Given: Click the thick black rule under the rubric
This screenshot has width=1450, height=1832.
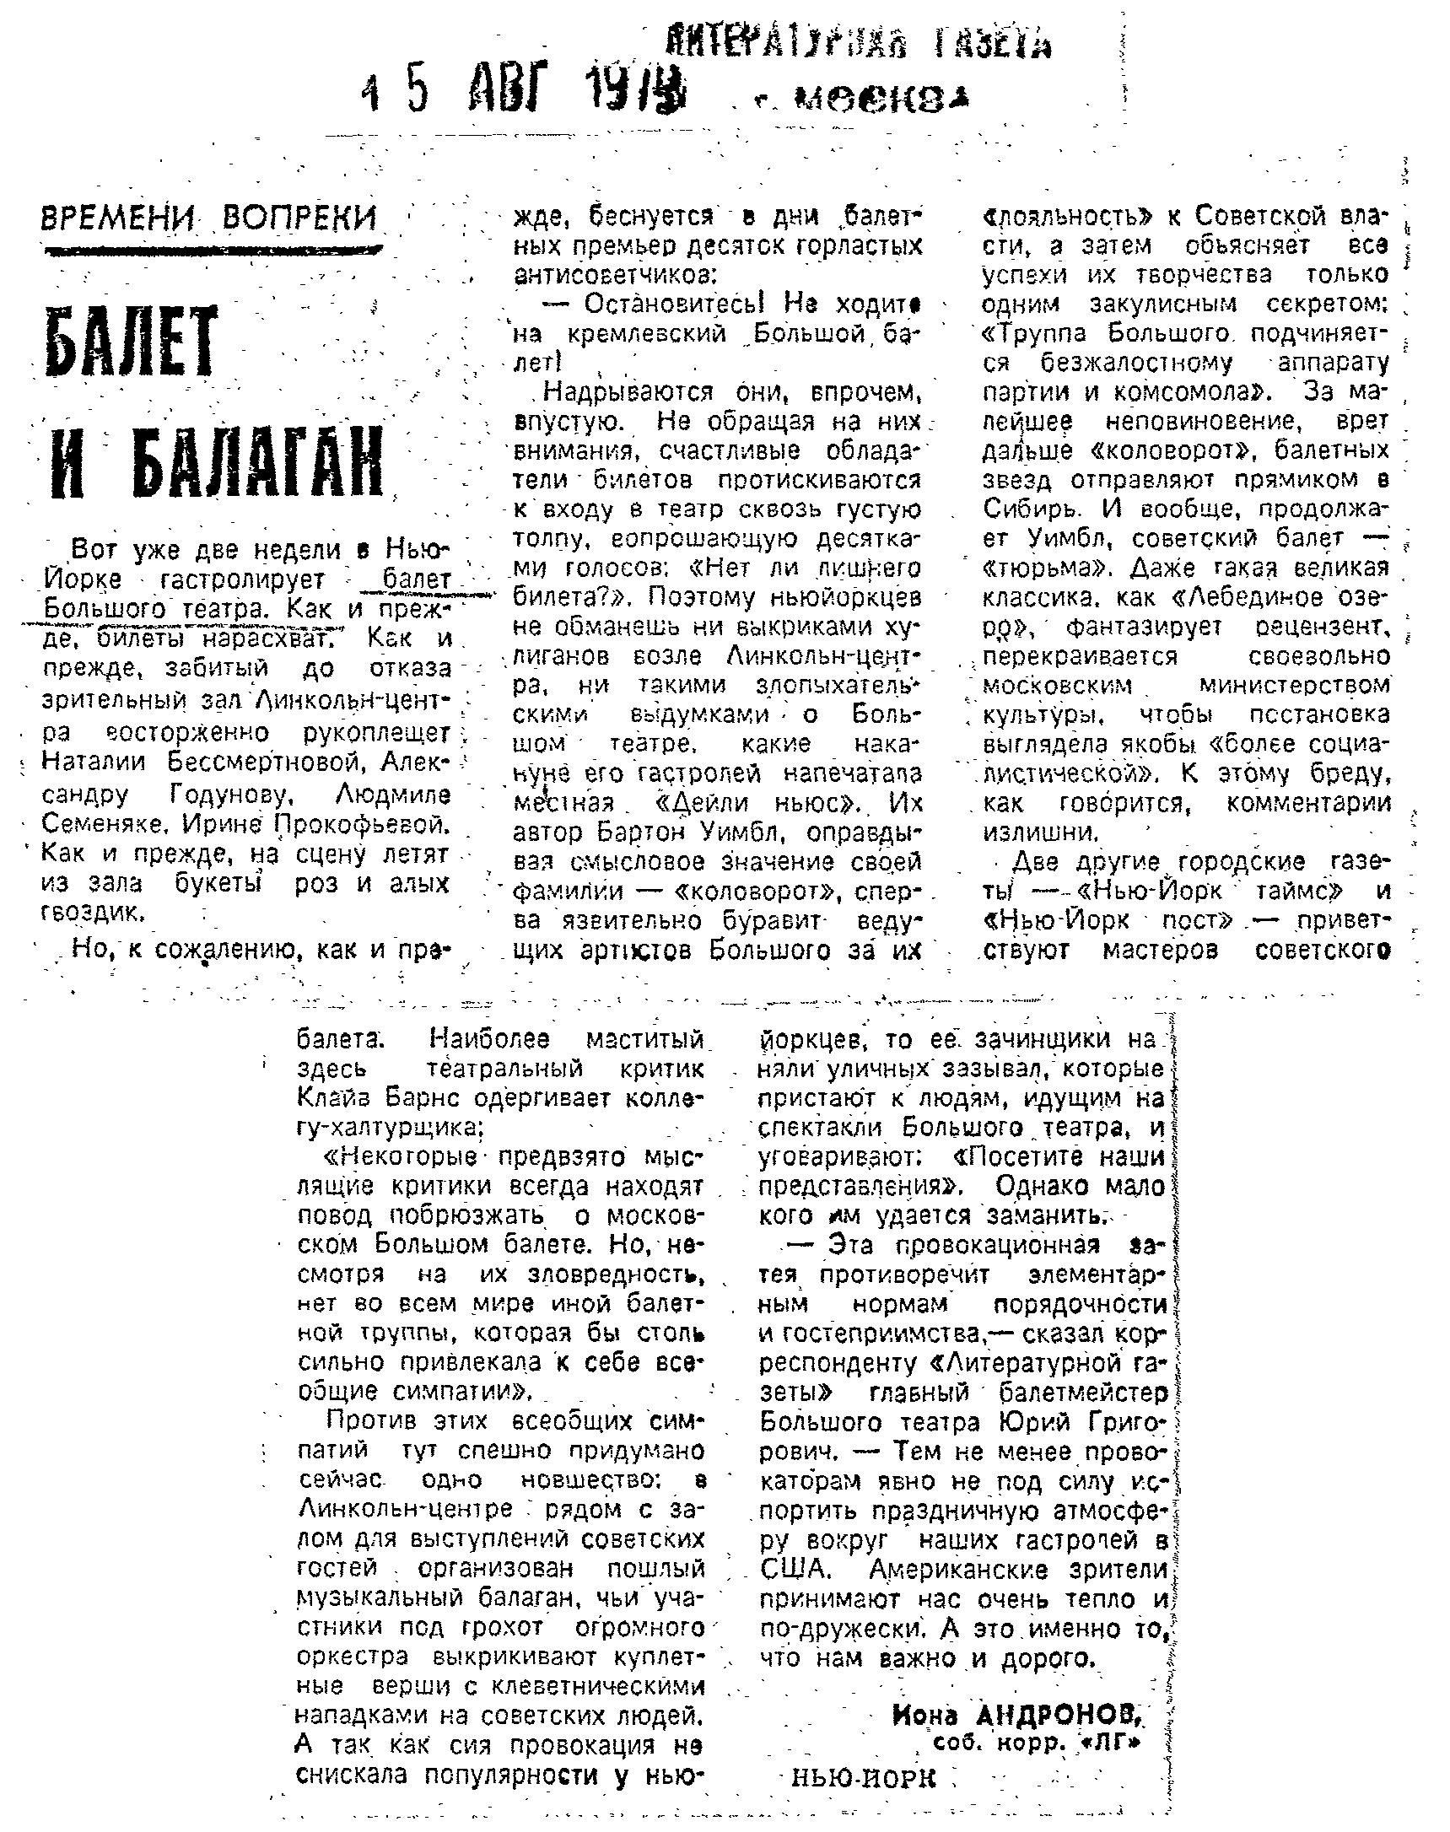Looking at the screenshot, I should coord(213,251).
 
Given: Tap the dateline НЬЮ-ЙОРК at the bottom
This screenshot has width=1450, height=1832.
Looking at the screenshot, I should coord(862,1779).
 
